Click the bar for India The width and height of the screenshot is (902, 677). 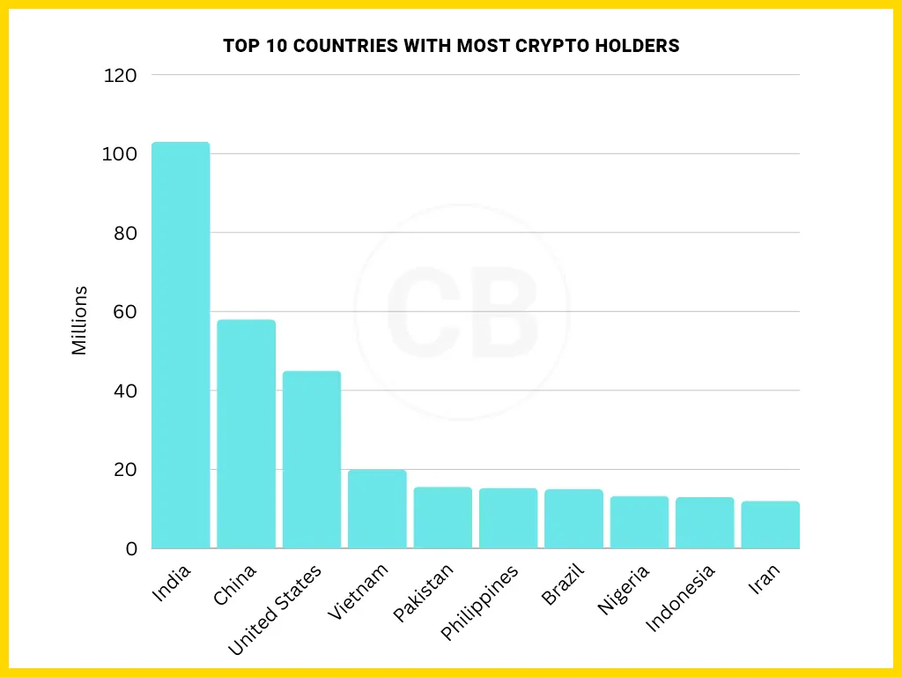tap(181, 346)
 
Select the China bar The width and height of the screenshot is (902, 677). tap(246, 434)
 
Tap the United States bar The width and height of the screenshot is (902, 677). tap(311, 459)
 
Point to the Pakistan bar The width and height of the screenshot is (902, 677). tap(442, 517)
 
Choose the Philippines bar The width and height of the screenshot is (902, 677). tap(508, 518)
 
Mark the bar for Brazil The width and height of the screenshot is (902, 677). tap(573, 518)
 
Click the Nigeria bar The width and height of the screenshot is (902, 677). tap(640, 522)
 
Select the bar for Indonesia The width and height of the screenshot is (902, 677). tap(705, 523)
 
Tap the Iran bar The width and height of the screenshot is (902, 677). tap(770, 524)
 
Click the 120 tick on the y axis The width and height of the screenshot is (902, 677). tap(121, 76)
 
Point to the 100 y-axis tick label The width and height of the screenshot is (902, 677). tap(121, 154)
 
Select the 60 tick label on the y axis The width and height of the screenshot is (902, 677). tap(124, 312)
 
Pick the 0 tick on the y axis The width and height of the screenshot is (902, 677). tap(131, 549)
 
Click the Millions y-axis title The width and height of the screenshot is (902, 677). tap(80, 320)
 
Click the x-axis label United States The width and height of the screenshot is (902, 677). tap(276, 610)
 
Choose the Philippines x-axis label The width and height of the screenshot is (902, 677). tap(480, 602)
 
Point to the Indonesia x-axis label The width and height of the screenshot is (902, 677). tap(680, 599)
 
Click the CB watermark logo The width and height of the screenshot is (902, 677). tap(462, 312)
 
